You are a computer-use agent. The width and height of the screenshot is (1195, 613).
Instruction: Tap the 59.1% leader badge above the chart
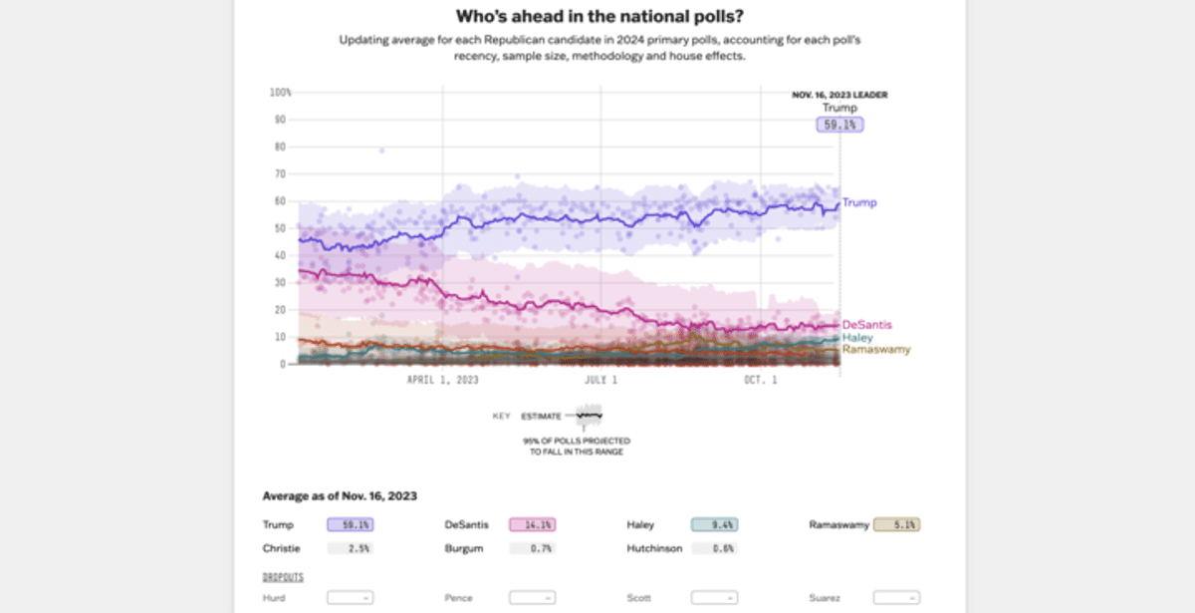(839, 125)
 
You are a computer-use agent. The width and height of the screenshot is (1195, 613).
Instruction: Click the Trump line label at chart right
(859, 203)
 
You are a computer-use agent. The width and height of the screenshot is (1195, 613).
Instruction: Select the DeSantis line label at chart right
(866, 325)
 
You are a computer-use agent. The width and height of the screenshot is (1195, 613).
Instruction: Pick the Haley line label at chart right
(857, 338)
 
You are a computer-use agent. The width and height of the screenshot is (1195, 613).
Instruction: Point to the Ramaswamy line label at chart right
(876, 350)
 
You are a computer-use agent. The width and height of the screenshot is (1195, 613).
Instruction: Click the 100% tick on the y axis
(280, 93)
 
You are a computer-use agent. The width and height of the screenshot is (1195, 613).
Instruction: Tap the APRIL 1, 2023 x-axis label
(443, 381)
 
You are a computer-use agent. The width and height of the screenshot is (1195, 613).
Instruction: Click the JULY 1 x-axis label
(600, 381)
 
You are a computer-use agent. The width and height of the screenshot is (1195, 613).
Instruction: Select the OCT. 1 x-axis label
(761, 381)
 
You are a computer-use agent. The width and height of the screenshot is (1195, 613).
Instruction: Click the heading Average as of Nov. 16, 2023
(340, 495)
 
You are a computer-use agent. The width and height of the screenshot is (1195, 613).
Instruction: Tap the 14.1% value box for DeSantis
(532, 524)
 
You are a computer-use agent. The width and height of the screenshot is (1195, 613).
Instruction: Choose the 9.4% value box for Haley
(714, 524)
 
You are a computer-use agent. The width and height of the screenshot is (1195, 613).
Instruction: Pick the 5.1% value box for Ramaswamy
(896, 524)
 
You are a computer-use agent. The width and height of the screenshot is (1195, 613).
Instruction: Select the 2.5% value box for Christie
(350, 548)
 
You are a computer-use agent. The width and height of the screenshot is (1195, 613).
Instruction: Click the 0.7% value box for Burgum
(532, 548)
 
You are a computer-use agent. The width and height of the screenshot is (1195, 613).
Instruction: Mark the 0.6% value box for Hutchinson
(714, 548)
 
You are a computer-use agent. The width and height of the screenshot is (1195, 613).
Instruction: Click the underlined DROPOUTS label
(283, 577)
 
